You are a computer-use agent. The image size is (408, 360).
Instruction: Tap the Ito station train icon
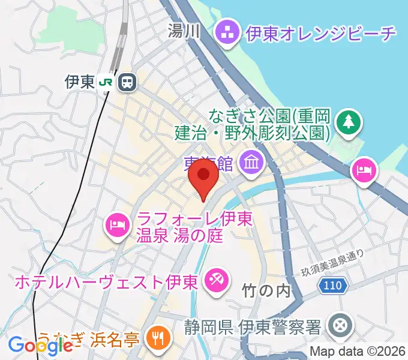(x=127, y=82)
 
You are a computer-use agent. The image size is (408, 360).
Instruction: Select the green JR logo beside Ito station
(x=106, y=82)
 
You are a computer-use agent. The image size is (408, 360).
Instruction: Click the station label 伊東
(x=80, y=82)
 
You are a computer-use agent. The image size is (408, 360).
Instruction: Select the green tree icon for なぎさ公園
(x=347, y=122)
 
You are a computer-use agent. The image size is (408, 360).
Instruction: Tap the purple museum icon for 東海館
(x=249, y=160)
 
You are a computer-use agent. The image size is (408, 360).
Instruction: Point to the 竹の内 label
(x=266, y=292)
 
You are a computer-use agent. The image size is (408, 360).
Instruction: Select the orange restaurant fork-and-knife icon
(x=158, y=338)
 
